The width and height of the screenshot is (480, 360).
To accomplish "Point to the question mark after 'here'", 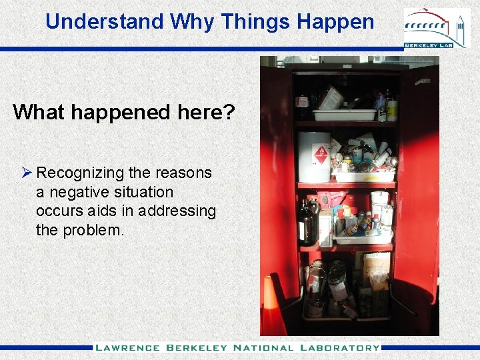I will point(229,112).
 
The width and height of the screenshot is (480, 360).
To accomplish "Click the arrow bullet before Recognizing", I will point(26,173).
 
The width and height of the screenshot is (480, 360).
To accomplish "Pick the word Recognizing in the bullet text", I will point(81,173).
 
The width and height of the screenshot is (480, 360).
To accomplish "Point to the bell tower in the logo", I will point(459,27).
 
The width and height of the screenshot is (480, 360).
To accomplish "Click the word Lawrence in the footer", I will point(127,348).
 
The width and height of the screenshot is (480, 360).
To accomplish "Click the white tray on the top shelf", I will point(344,115).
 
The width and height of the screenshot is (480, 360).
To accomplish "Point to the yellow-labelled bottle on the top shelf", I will point(391,108).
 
